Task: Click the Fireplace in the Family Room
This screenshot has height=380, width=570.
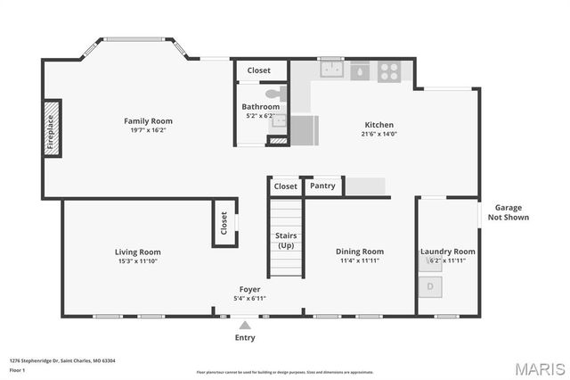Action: [52, 129]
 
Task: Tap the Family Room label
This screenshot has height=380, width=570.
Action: [148, 121]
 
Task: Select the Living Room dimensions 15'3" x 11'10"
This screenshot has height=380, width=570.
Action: [137, 261]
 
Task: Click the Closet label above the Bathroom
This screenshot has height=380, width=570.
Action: [259, 70]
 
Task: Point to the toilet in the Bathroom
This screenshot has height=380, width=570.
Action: [273, 93]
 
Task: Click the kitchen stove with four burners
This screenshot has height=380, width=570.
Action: [389, 71]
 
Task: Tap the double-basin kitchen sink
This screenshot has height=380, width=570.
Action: [332, 70]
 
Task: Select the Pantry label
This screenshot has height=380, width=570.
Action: [322, 186]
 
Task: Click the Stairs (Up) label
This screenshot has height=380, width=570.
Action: [286, 240]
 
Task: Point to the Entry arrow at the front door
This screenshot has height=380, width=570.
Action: [245, 325]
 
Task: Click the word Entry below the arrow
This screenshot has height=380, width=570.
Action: [245, 338]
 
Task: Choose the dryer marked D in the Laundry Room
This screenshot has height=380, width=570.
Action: [431, 286]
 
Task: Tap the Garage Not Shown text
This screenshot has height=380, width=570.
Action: [509, 212]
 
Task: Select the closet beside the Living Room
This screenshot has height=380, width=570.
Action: [223, 222]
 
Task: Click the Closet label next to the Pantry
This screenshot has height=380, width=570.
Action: [285, 186]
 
